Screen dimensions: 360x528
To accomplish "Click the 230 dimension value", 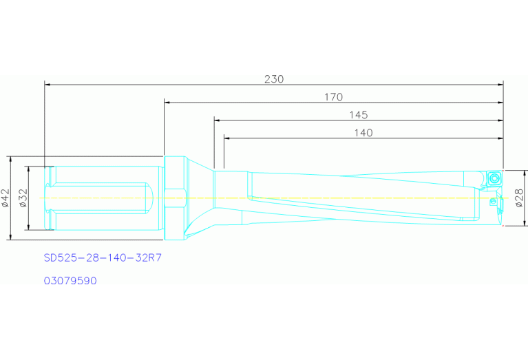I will pos(274,79).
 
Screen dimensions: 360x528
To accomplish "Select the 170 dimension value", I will pos(333,97).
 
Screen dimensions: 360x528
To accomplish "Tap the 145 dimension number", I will pos(358,114).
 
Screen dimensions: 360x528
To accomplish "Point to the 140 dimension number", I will pos(363,133).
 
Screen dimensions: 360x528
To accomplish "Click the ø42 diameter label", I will pos(6,198).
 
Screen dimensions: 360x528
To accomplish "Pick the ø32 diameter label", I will pos(23,198).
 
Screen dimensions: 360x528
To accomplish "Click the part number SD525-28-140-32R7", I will pos(103,259).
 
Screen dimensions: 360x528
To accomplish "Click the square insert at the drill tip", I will pos(495,178).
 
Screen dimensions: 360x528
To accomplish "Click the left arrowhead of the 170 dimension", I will pos(167,102).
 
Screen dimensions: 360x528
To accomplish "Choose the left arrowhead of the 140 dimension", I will pos(227,138).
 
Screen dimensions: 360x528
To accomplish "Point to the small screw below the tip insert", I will pos(492,202).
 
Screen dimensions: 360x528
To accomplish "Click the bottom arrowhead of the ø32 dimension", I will pos(28,227).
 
